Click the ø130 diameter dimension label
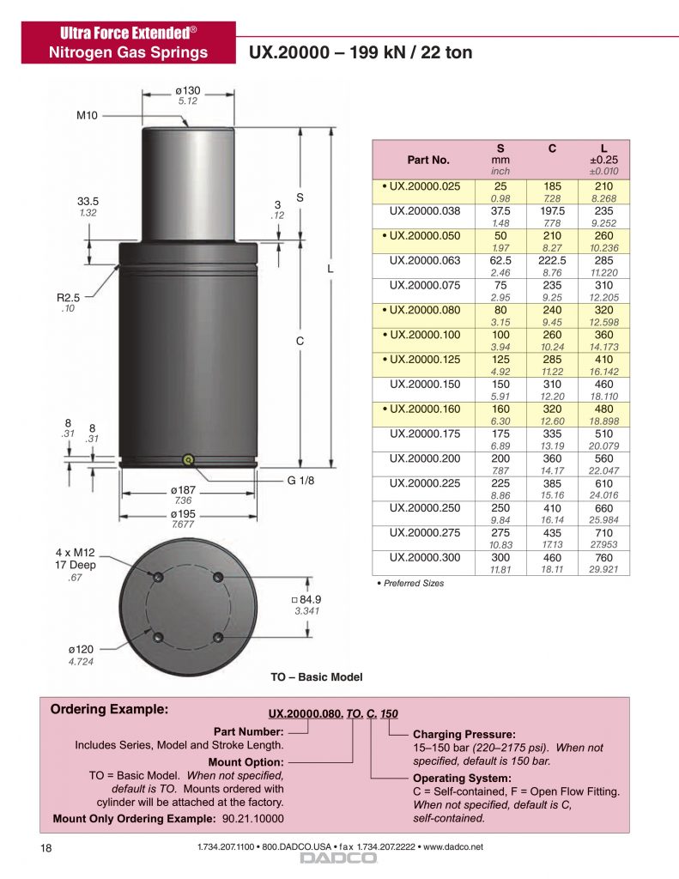point(188,90)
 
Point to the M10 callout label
point(87,116)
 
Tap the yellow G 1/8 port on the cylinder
point(188,460)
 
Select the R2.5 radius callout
point(69,298)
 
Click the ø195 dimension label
point(183,513)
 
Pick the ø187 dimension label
point(183,490)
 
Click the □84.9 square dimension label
point(306,599)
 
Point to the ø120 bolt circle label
point(81,649)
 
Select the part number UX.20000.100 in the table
point(424,335)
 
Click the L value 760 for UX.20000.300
point(603,558)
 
